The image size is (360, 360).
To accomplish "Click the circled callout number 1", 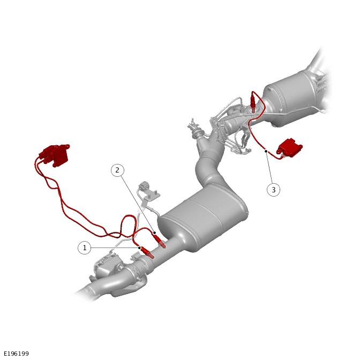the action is [x=85, y=247].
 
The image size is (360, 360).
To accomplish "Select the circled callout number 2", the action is [x=117, y=170].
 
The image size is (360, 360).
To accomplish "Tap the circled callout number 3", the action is [x=273, y=190].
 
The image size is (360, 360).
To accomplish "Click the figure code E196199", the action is [x=16, y=354].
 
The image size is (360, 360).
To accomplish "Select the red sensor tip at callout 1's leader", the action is [x=148, y=252].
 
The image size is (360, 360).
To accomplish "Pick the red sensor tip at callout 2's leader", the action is [x=160, y=241].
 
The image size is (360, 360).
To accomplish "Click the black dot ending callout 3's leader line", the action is [x=266, y=151].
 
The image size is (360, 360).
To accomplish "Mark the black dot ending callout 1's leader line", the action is [x=140, y=247].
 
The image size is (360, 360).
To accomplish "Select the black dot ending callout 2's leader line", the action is [x=155, y=233].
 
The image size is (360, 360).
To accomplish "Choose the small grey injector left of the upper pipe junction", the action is [x=195, y=129].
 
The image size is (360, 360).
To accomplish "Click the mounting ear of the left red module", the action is [x=66, y=146].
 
